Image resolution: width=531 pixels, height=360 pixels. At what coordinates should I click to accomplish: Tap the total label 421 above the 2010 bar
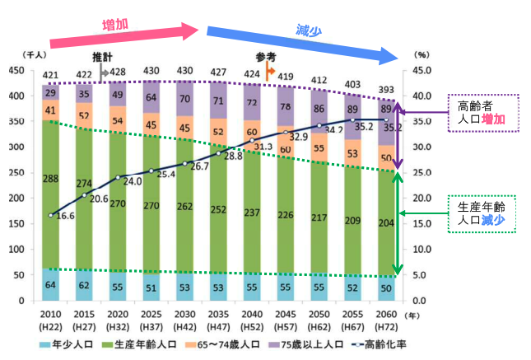[51, 76]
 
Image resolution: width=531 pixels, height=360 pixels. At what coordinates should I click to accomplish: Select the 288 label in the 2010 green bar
[51, 178]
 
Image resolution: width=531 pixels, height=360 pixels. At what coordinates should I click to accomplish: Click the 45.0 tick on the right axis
[420, 71]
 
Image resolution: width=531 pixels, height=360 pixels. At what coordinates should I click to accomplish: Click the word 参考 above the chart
[264, 58]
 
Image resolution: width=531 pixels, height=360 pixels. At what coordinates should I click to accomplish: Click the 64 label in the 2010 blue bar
[51, 285]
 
